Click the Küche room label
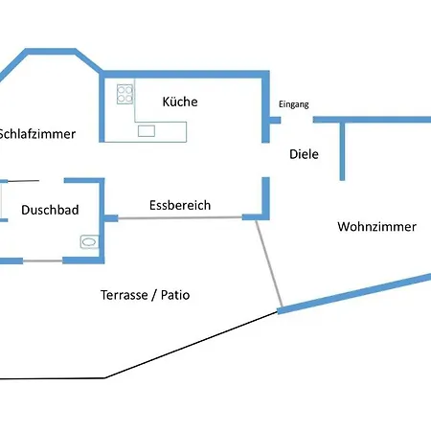coord(180,102)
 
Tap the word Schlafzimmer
coord(36,134)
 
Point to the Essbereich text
coord(180,205)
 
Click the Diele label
coord(304,154)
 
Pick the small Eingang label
coord(293,104)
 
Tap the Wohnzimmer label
coord(376,227)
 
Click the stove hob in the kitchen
coord(125,94)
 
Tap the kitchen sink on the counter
coord(147,131)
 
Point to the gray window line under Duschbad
coord(42,261)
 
